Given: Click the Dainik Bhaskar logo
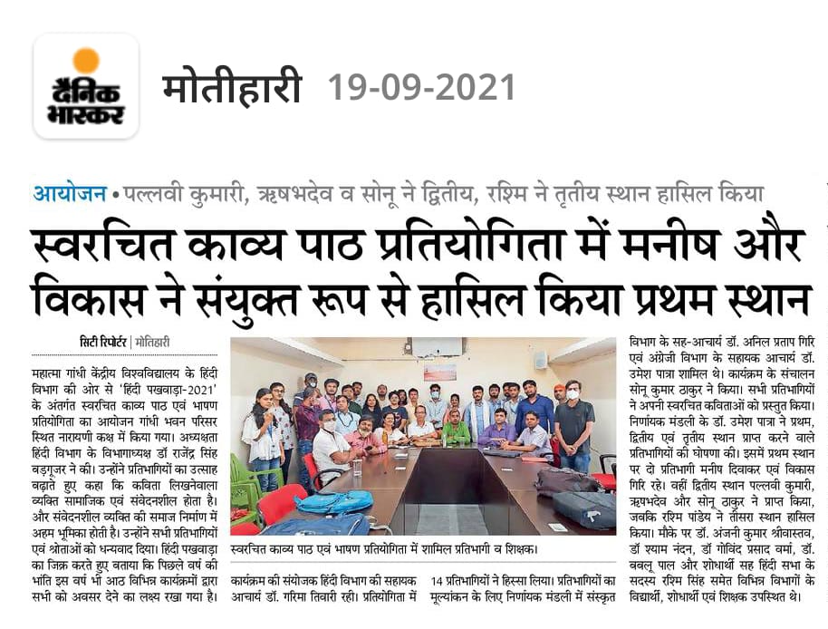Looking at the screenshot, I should click(86, 86).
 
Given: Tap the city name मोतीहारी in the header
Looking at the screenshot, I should click(232, 88).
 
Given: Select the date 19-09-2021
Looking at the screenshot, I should click(421, 88).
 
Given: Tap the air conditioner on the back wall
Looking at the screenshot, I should click(436, 346).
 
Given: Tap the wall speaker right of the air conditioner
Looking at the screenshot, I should click(540, 360).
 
